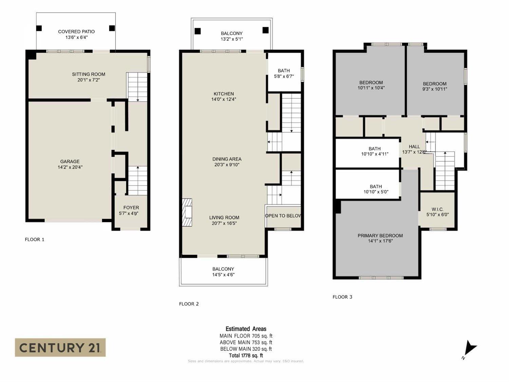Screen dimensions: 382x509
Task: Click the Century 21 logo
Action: [x=60, y=347]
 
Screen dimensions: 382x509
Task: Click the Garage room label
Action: [x=70, y=164]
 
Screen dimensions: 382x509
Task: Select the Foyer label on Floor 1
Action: [x=131, y=211]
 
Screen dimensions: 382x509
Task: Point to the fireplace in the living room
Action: [x=187, y=212]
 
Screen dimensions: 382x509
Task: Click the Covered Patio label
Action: [x=76, y=34]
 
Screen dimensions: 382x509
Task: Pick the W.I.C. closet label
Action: [x=437, y=212]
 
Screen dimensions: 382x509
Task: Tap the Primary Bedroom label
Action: [x=380, y=238]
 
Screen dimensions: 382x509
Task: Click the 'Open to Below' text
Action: [x=283, y=216]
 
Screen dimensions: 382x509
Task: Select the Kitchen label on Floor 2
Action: [x=223, y=96]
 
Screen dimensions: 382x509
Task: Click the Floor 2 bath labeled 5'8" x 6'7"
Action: [x=284, y=74]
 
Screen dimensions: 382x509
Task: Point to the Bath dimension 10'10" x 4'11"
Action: [x=374, y=154]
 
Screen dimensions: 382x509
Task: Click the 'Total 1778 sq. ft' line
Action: [x=246, y=356]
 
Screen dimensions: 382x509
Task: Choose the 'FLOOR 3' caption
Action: [x=342, y=297]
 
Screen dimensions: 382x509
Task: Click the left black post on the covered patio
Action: [x=39, y=28]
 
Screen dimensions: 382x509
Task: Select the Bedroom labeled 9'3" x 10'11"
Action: [x=434, y=86]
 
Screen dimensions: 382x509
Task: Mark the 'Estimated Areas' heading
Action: [x=246, y=329]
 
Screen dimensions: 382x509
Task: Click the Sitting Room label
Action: [x=89, y=77]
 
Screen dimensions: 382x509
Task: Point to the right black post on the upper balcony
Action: [x=266, y=30]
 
